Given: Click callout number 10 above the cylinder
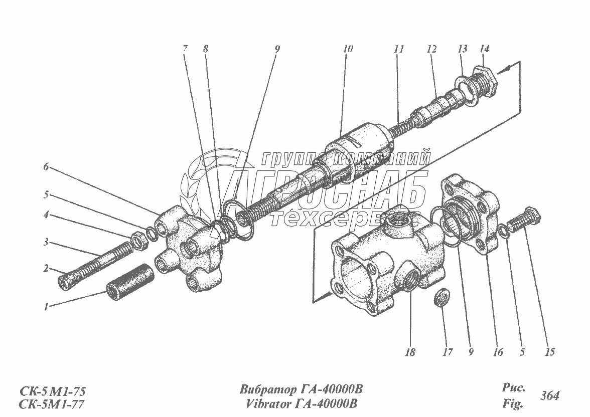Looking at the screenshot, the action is pyautogui.click(x=348, y=49).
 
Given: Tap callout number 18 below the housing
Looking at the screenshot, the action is pyautogui.click(x=410, y=352).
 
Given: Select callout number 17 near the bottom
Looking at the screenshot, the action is pyautogui.click(x=447, y=352).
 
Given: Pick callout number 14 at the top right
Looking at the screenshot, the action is pyautogui.click(x=484, y=49).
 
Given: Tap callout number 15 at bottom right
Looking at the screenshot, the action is pyautogui.click(x=550, y=352).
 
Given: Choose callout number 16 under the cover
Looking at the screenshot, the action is pyautogui.click(x=497, y=352).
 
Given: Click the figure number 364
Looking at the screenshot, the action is pyautogui.click(x=550, y=395).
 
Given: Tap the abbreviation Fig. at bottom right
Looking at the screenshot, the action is pyautogui.click(x=512, y=402).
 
